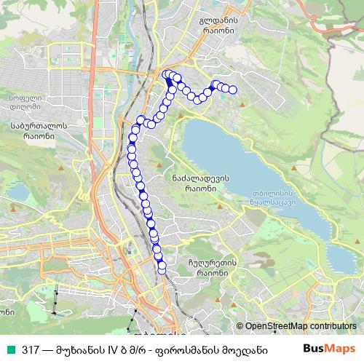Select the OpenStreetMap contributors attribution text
(x=300, y=326)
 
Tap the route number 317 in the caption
(x=29, y=349)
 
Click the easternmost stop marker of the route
(x=233, y=90)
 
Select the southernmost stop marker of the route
(x=162, y=272)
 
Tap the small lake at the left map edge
(x=20, y=192)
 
